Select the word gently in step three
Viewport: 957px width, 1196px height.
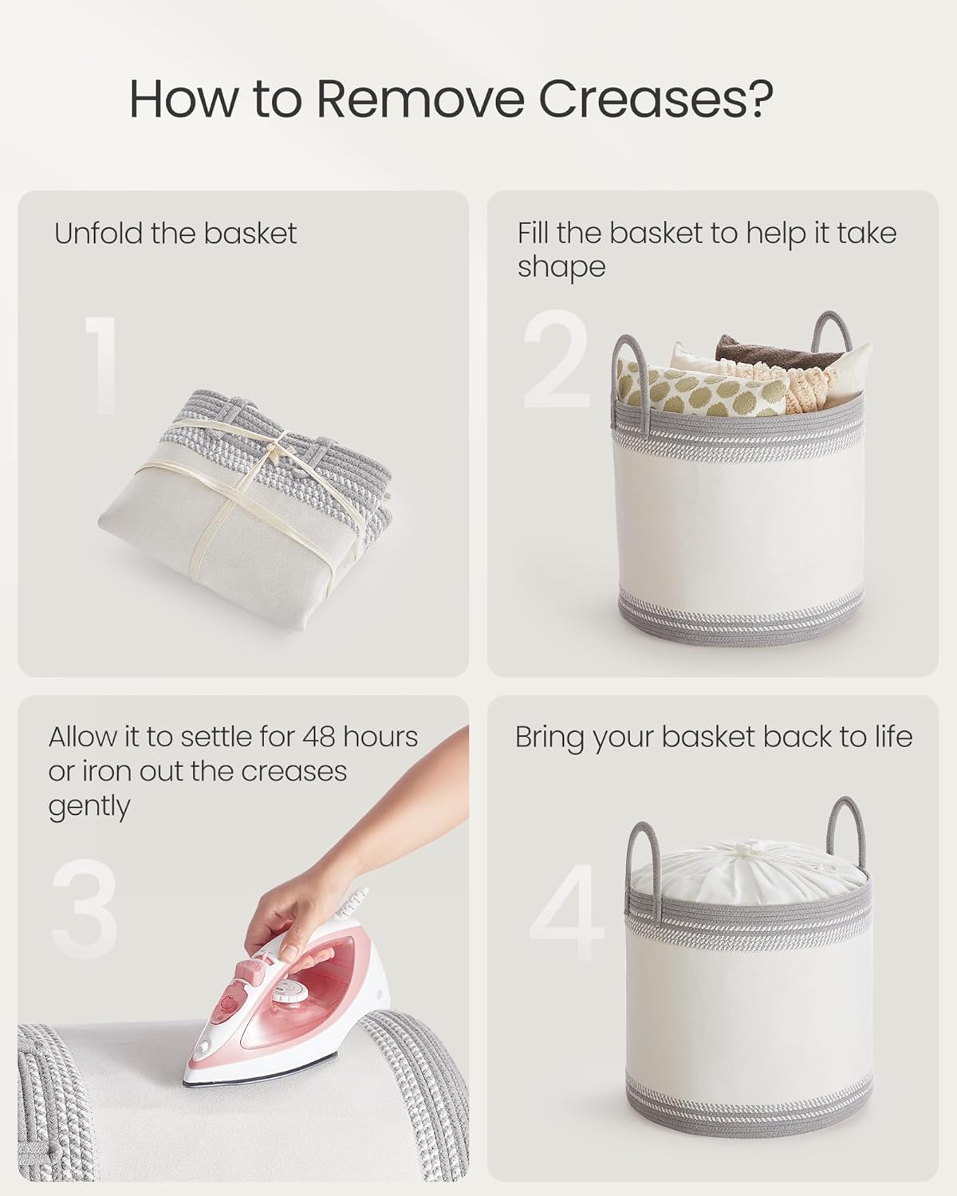(89, 807)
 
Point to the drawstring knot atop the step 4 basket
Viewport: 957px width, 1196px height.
(749, 852)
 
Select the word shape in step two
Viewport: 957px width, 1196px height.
(561, 267)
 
